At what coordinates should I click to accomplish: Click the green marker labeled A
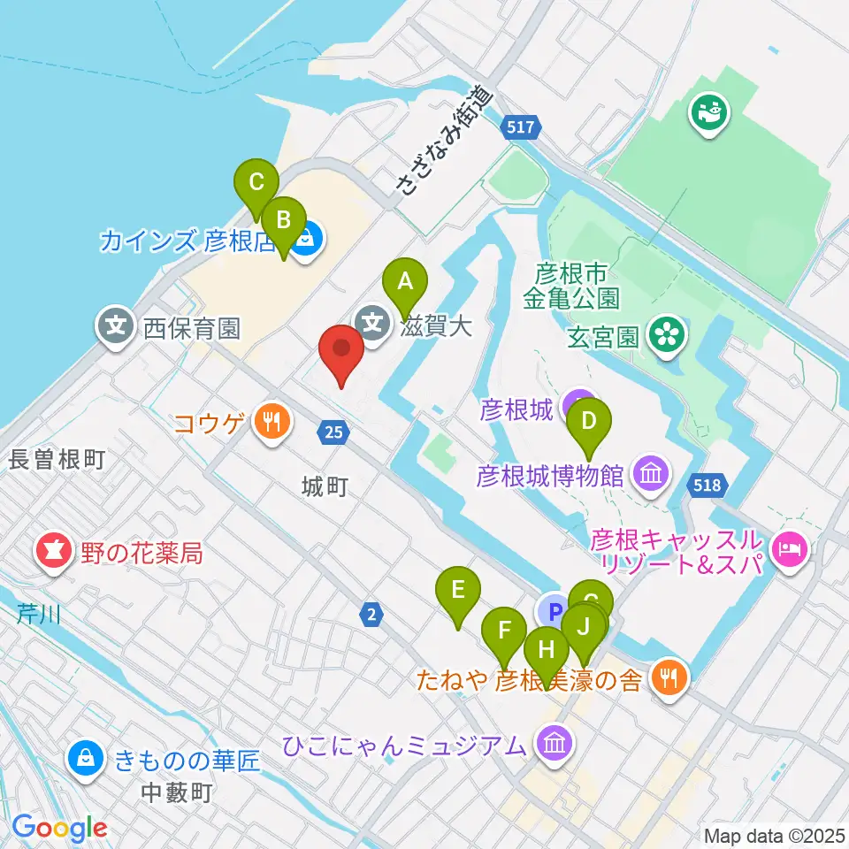pos(405,283)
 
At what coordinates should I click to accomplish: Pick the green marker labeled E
pos(458,590)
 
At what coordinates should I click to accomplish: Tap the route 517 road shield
pos(521,127)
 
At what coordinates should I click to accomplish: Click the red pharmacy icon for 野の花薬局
pos(53,553)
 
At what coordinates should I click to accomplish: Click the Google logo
pos(59,829)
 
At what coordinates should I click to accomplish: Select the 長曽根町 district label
pos(57,459)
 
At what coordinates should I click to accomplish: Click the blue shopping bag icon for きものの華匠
pos(86,757)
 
